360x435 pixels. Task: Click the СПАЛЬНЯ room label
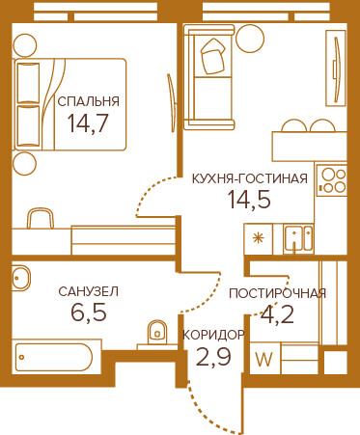pyautogui.click(x=89, y=101)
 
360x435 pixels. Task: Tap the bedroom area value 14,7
pyautogui.click(x=88, y=123)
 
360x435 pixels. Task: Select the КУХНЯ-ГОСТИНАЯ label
pyautogui.click(x=250, y=178)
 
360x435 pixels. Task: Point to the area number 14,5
pyautogui.click(x=249, y=200)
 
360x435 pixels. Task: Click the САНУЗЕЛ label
pyautogui.click(x=89, y=291)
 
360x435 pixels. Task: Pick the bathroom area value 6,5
pyautogui.click(x=89, y=313)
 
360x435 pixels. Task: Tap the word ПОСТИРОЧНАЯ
pyautogui.click(x=278, y=293)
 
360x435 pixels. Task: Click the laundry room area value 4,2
pyautogui.click(x=277, y=314)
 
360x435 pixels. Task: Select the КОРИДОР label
pyautogui.click(x=213, y=335)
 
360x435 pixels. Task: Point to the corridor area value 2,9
pyautogui.click(x=213, y=357)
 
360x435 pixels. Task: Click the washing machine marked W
pyautogui.click(x=264, y=358)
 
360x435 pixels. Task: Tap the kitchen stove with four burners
pyautogui.click(x=332, y=180)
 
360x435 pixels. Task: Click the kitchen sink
pyautogui.click(x=298, y=238)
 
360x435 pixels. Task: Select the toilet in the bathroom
pyautogui.click(x=157, y=333)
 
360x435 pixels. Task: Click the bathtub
pyautogui.click(x=54, y=357)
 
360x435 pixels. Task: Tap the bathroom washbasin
pyautogui.click(x=20, y=278)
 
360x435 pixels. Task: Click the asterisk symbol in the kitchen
pyautogui.click(x=258, y=238)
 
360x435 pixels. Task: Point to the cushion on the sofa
pyautogui.click(x=212, y=57)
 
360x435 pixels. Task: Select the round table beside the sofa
pyautogui.click(x=250, y=39)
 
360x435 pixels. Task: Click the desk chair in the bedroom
pyautogui.click(x=41, y=218)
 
